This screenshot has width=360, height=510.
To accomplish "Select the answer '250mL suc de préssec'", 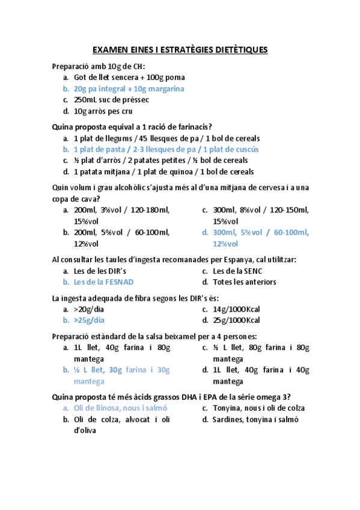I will pyautogui.click(x=111, y=100).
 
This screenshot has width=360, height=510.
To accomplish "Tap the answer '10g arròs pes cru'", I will pyautogui.click(x=103, y=111).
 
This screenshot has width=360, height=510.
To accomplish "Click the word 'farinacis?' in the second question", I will pyautogui.click(x=192, y=127).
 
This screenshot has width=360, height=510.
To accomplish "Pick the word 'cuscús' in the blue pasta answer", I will pyautogui.click(x=246, y=149).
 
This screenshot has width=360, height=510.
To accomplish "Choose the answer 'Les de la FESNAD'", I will pyautogui.click(x=103, y=281).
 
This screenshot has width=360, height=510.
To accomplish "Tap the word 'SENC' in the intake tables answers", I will pyautogui.click(x=251, y=271).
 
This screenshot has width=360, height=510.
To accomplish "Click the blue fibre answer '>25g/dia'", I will pyautogui.click(x=89, y=320).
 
